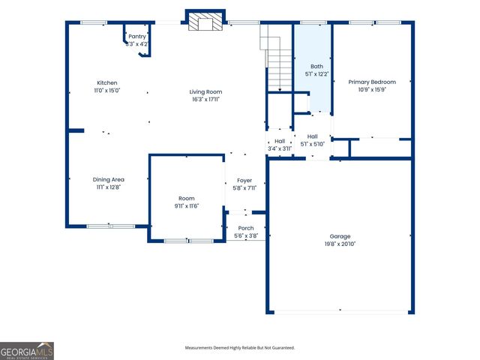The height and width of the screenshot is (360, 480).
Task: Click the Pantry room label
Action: [137, 36]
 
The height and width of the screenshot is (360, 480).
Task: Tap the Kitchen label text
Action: [107, 82]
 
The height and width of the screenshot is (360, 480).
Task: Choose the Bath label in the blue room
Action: [316, 66]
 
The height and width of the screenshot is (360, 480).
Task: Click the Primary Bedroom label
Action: [372, 82]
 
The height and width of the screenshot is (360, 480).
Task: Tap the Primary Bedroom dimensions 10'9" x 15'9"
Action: [372, 90]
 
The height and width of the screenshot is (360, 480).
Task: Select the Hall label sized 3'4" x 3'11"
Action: [280, 141]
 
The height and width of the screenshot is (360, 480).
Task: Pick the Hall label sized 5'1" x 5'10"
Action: [313, 136]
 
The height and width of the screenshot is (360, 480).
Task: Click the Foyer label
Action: [244, 181]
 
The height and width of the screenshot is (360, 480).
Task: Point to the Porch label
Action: [246, 228]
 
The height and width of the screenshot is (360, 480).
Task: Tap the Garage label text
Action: [340, 236]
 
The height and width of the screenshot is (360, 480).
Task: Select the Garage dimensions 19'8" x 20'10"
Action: [340, 244]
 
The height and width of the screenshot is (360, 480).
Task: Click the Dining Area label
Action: [109, 179]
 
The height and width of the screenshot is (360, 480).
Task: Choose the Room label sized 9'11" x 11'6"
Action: [187, 198]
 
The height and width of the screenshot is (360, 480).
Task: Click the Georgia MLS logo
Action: [27, 351]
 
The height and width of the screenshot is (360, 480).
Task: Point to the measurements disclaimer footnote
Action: [240, 348]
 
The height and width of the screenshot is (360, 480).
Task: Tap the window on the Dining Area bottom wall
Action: [110, 226]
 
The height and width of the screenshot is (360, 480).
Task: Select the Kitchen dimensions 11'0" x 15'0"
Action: [107, 90]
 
